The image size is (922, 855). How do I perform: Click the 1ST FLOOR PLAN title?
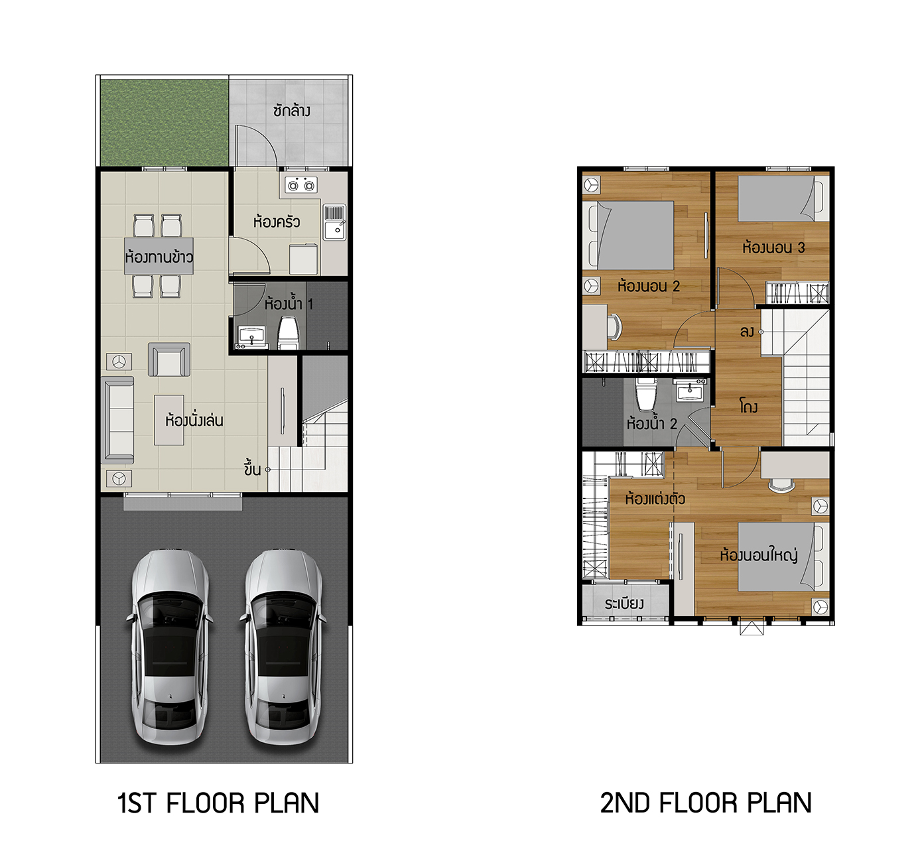(x=218, y=803)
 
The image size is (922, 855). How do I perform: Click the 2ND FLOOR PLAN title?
(x=706, y=803)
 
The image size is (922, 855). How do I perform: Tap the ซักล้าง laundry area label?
(x=292, y=111)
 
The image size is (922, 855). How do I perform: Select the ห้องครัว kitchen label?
(x=277, y=222)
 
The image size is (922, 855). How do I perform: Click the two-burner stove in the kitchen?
(x=302, y=186)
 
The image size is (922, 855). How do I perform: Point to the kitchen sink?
(x=335, y=222)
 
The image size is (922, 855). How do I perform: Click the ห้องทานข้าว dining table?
(x=159, y=256)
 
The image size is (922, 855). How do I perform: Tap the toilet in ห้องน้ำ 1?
(x=289, y=332)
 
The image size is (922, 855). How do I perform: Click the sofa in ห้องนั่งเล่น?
(x=118, y=421)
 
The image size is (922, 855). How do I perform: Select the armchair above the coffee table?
(x=169, y=360)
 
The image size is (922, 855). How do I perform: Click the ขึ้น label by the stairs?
(x=252, y=469)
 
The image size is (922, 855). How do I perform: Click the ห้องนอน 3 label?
(x=773, y=247)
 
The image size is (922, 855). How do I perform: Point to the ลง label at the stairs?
(x=746, y=332)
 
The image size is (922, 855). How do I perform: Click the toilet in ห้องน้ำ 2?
(x=646, y=394)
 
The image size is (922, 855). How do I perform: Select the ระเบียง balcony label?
(x=624, y=604)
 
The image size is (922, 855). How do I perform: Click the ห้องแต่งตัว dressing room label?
(x=655, y=498)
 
